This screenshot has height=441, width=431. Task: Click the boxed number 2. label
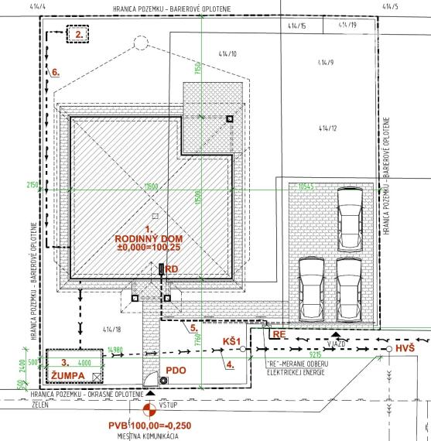coord(78,35)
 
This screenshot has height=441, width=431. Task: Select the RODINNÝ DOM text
coord(148,238)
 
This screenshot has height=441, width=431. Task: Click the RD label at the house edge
coord(172,269)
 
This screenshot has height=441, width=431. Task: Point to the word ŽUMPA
coord(67,375)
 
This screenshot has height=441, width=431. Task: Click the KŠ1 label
coord(234,340)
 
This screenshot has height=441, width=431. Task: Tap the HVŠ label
coord(405,350)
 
